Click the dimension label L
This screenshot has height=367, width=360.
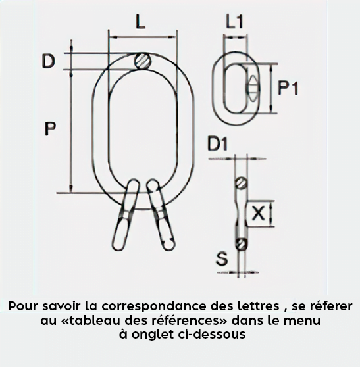(141, 22)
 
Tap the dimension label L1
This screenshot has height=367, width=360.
(235, 22)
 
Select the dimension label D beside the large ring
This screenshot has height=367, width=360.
(49, 61)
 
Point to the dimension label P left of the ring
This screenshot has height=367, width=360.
(50, 128)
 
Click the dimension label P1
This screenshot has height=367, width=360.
(288, 87)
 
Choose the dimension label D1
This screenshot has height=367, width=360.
(218, 143)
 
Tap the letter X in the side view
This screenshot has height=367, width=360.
(258, 213)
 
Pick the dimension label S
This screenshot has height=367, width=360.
(222, 258)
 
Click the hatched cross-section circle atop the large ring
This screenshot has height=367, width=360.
(143, 61)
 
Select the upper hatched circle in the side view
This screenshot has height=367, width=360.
(242, 183)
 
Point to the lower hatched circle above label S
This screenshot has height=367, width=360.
(242, 245)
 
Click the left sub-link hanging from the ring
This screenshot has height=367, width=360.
(126, 214)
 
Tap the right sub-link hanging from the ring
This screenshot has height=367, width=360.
(161, 214)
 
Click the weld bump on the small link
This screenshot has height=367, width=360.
(253, 88)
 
